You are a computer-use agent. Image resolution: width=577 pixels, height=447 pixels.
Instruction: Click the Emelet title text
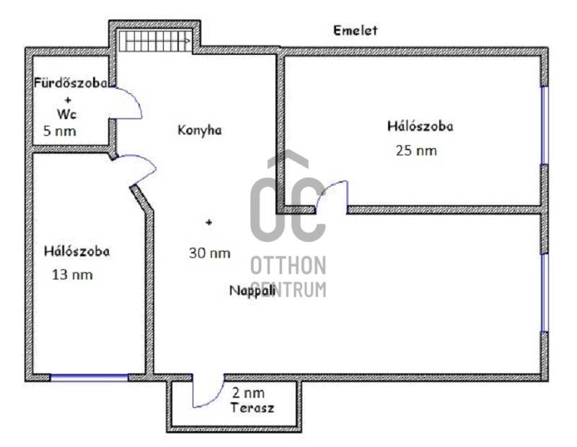tap(355, 30)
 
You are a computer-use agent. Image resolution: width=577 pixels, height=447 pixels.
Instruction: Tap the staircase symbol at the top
tap(154, 41)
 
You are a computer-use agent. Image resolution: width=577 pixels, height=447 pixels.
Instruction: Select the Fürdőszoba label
tap(70, 83)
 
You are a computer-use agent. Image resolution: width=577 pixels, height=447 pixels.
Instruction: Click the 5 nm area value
tap(60, 131)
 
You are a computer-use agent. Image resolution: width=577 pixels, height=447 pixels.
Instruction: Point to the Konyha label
tap(200, 131)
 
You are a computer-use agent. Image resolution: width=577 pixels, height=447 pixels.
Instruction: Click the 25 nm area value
tap(416, 151)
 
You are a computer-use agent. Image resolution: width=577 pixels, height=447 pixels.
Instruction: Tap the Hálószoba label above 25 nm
tap(420, 126)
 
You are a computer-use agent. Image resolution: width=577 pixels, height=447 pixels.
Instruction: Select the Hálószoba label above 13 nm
tap(76, 252)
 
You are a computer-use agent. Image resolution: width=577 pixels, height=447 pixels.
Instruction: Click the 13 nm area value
tap(72, 275)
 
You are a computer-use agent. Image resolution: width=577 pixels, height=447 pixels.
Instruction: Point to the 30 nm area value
tap(210, 253)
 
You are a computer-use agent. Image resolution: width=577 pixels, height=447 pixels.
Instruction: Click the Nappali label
tap(252, 291)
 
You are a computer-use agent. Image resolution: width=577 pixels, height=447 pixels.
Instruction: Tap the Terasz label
tap(252, 408)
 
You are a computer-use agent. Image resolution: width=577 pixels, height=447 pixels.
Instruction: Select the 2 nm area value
tap(248, 393)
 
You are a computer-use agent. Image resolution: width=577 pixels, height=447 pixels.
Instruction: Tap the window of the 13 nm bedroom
tap(89, 378)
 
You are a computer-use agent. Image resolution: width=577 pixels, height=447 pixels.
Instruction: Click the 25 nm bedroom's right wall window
tap(545, 126)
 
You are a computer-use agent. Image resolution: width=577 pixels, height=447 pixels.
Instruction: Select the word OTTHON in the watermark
tap(288, 266)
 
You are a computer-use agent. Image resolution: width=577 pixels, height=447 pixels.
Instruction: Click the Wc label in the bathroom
tap(66, 114)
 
